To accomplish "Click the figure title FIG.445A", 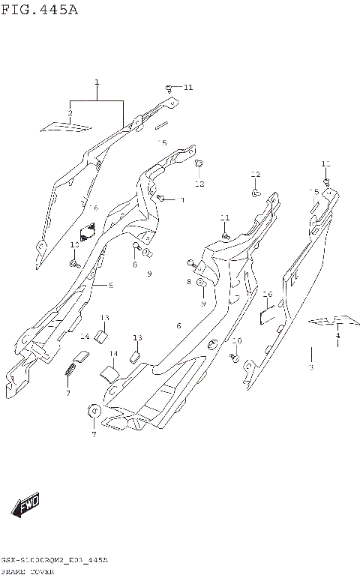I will point(39,10).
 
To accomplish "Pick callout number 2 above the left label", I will point(70,113).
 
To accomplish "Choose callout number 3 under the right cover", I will point(310,367).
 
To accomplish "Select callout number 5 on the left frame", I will point(111,285).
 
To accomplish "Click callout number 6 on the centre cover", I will point(178,325).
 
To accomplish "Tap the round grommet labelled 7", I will point(94,410).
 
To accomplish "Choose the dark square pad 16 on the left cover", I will point(88,230).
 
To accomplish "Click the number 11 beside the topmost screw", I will point(187,88).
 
